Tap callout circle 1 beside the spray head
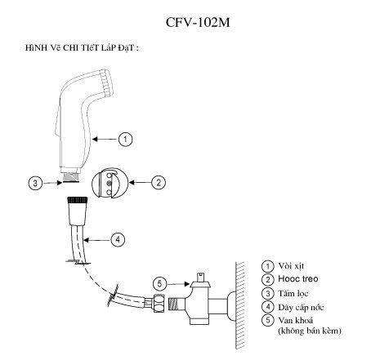[126, 140]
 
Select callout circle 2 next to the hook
[159, 182]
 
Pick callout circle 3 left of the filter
[35, 183]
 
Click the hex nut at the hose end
[154, 306]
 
